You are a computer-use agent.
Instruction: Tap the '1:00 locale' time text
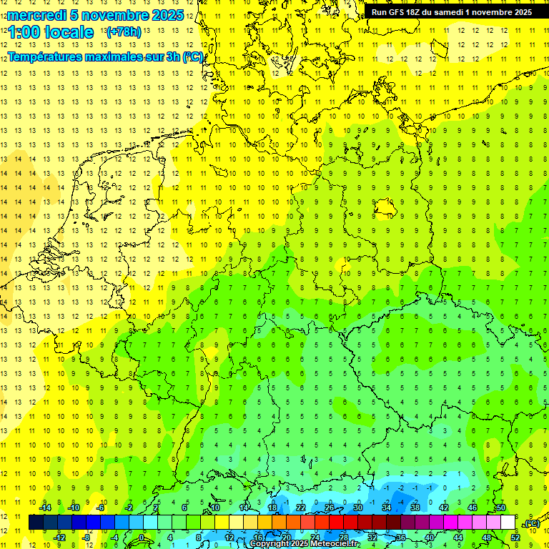[x=51, y=32]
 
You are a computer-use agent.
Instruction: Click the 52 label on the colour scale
[x=515, y=538]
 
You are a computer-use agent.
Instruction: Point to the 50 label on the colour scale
[x=500, y=508]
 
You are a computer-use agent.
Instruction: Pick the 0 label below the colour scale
[x=142, y=538]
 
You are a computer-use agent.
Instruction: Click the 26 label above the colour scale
[x=329, y=508]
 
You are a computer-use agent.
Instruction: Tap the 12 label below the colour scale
[x=229, y=538]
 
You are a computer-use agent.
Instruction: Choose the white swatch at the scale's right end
[x=508, y=523]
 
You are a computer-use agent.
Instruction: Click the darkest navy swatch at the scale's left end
[x=36, y=523]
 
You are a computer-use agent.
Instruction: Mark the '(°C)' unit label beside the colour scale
[x=531, y=523]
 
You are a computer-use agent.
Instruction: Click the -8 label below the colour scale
[x=86, y=538]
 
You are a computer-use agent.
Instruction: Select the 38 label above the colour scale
[x=415, y=508]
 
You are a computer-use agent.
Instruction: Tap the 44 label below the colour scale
[x=457, y=538]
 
